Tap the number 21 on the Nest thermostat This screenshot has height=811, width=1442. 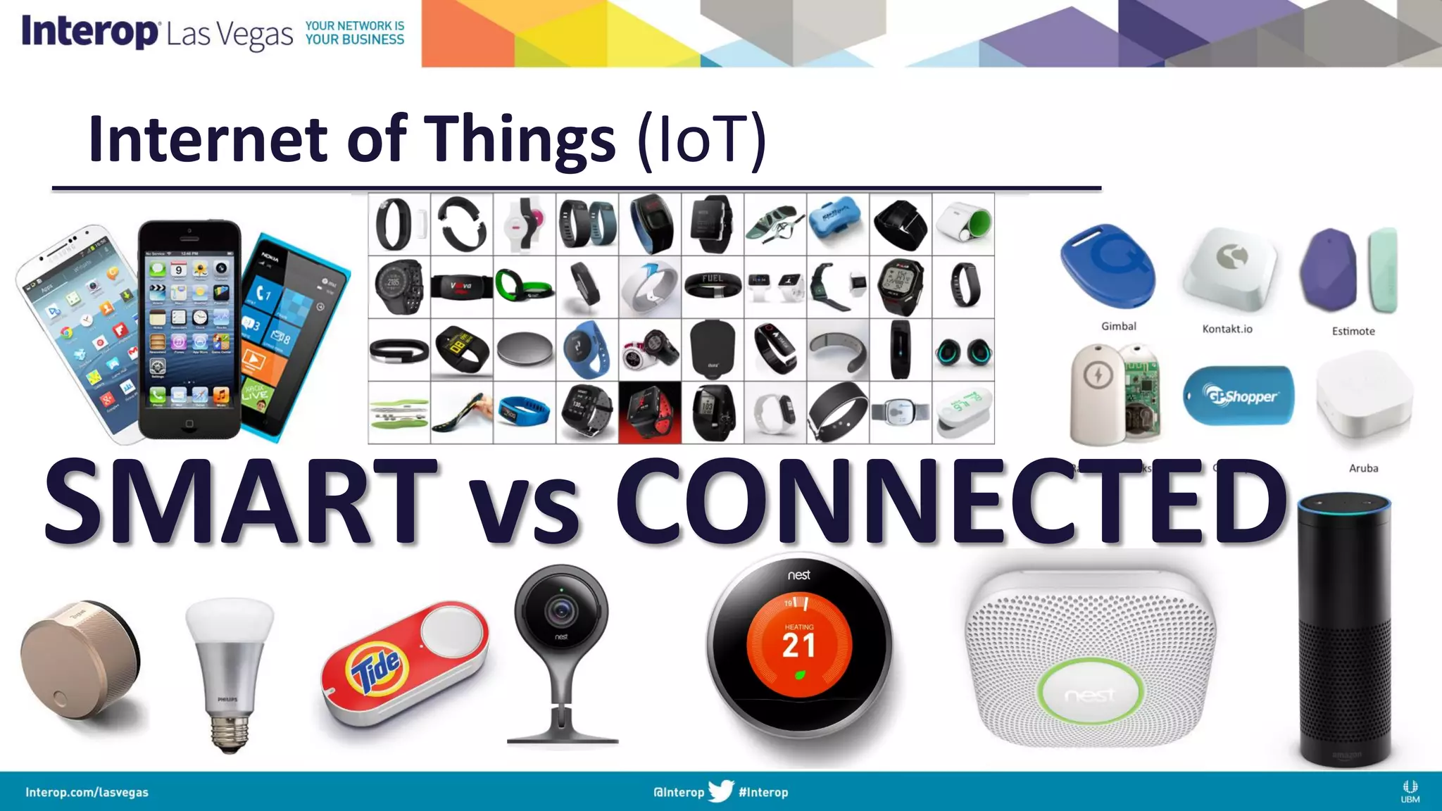tap(798, 646)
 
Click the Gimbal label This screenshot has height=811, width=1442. tap(1118, 326)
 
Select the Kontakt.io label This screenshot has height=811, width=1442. tap(1227, 329)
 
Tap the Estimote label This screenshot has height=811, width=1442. tap(1353, 331)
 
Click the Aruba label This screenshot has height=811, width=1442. tap(1363, 468)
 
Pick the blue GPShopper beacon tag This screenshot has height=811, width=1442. tap(1239, 396)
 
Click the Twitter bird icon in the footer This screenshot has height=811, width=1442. tap(720, 791)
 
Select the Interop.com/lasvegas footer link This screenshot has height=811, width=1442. tap(87, 792)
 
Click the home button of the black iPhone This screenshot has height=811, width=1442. tap(189, 424)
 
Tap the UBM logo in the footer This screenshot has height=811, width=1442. tap(1410, 791)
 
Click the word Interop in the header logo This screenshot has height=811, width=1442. tap(89, 32)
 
